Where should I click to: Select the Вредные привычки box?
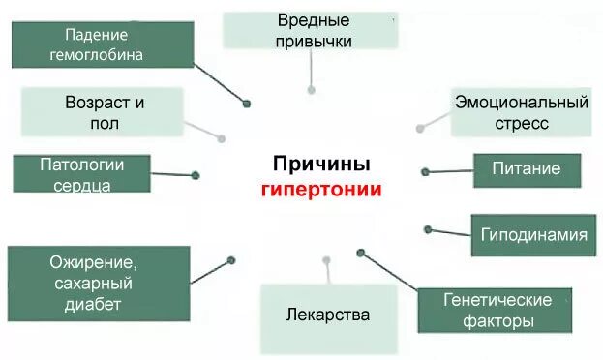[310, 30]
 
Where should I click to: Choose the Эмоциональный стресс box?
[521, 112]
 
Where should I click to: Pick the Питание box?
[527, 169]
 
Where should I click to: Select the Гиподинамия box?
[533, 234]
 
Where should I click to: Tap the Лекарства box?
[328, 315]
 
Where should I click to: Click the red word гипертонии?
[321, 189]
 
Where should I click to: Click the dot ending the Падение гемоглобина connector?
[247, 103]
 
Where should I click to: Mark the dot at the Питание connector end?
[425, 171]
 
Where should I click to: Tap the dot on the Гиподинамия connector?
[427, 228]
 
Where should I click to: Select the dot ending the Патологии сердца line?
[196, 175]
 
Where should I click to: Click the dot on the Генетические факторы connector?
[360, 253]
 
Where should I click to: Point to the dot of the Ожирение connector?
[230, 259]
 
